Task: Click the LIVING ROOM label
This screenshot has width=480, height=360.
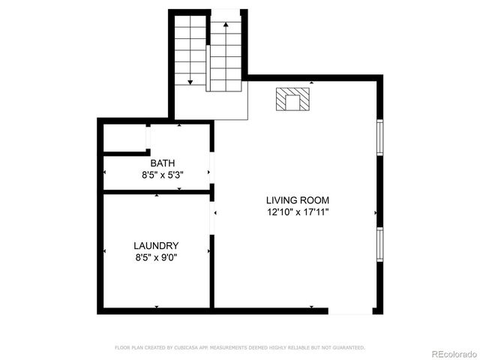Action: click(297, 200)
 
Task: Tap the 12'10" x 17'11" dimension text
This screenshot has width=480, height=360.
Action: click(297, 212)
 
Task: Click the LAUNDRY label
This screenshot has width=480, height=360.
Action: click(156, 245)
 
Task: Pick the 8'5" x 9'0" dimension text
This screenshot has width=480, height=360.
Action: click(156, 257)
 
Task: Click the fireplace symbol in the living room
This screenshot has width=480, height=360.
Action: click(292, 100)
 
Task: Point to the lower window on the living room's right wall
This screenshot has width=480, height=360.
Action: click(379, 244)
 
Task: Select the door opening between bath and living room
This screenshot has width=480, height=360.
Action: click(212, 166)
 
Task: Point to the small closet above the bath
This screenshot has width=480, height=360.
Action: click(124, 138)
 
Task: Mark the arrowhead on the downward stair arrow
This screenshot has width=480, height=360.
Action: click(190, 81)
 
